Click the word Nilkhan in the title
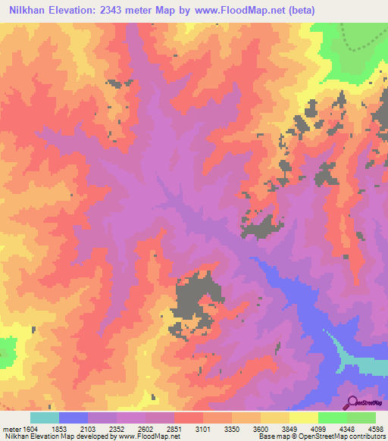(31, 11)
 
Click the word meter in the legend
(11, 429)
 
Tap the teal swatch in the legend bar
(45, 418)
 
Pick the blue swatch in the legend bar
(74, 418)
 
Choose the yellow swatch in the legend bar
(304, 418)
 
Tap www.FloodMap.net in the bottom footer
(149, 436)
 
